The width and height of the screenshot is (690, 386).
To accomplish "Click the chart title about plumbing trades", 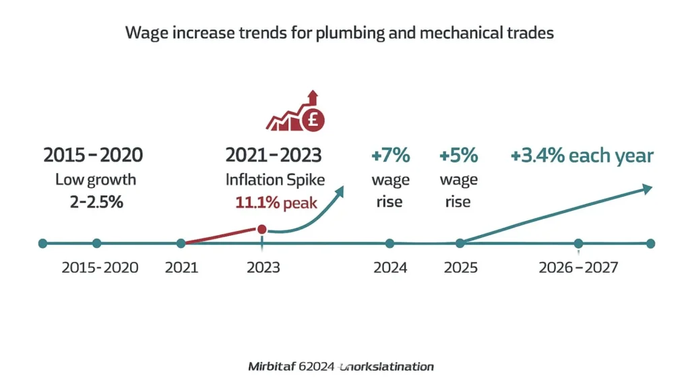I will (x=340, y=33).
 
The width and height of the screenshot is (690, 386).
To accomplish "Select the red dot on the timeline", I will (x=262, y=230).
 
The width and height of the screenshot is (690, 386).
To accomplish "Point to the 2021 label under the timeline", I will (x=181, y=267).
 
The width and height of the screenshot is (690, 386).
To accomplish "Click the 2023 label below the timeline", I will (x=263, y=267).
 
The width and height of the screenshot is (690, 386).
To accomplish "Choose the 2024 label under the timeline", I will (x=390, y=267).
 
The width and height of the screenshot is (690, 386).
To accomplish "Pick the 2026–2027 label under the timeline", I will (x=578, y=267).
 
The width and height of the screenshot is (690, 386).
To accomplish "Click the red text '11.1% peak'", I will (x=276, y=203).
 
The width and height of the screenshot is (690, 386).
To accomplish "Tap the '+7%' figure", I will (x=390, y=156).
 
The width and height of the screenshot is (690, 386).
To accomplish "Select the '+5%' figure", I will (x=458, y=156).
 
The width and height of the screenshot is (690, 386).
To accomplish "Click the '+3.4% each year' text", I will (x=582, y=156).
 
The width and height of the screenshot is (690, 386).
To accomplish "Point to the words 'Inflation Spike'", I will (x=274, y=180).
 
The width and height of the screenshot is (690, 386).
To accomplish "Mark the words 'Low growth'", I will (x=95, y=180).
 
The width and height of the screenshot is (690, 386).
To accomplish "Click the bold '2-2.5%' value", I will (x=96, y=202).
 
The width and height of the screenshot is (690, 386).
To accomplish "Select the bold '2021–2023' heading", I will (x=274, y=156).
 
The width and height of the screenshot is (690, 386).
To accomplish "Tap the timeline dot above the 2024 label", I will (x=389, y=243).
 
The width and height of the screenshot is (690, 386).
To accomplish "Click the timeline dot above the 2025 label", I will (x=460, y=243).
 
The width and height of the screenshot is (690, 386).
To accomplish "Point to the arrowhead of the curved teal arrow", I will (x=340, y=191).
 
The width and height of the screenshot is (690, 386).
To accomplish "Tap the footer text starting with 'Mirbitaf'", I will (x=341, y=366).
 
